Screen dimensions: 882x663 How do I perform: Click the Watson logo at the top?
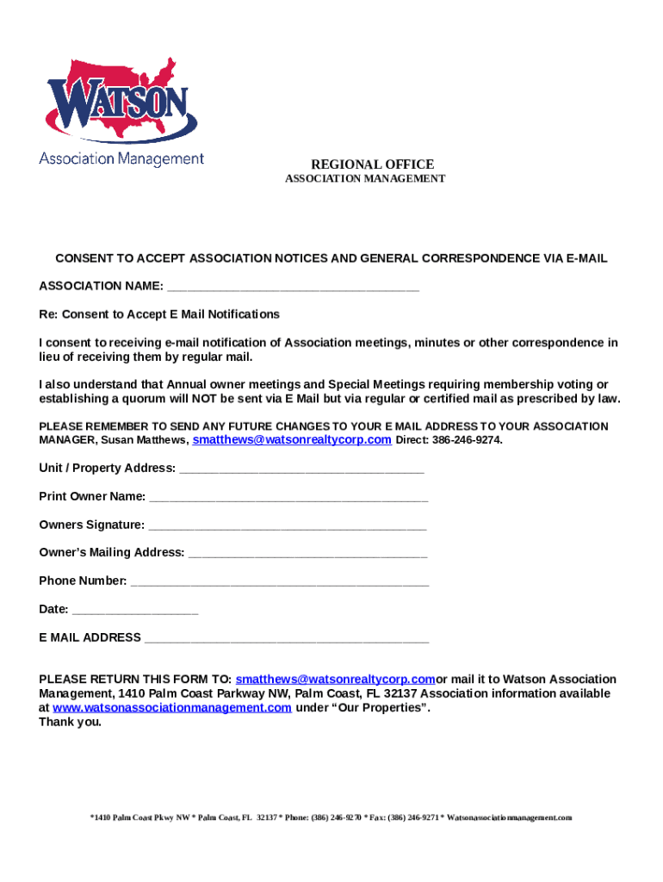121,108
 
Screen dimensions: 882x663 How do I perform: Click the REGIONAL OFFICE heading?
372,165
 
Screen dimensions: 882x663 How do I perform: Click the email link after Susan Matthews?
292,440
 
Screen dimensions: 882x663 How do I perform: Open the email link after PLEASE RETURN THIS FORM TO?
335,680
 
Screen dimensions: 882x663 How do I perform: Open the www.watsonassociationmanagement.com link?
172,708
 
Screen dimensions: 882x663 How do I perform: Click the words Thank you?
70,722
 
